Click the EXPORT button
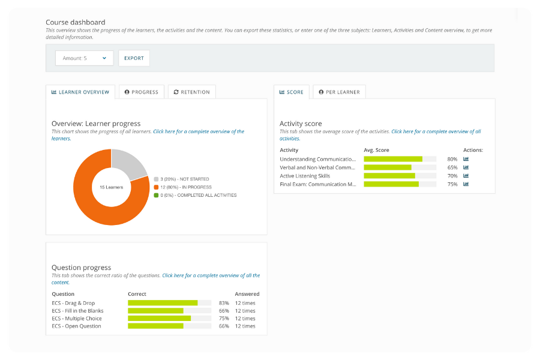tap(134, 58)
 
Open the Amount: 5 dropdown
tap(84, 58)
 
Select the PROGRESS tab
tap(142, 92)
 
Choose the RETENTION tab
tap(191, 92)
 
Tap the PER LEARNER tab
tap(339, 92)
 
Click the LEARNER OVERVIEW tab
tap(80, 92)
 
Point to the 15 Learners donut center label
tap(111, 187)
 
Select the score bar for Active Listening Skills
tap(389, 176)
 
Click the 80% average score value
tap(452, 159)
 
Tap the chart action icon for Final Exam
tap(466, 184)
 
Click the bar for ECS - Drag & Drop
tap(163, 303)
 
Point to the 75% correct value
tap(224, 319)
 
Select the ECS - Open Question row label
tap(76, 326)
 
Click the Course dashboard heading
tap(75, 23)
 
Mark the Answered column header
tap(247, 294)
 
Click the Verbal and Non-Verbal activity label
tap(317, 167)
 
